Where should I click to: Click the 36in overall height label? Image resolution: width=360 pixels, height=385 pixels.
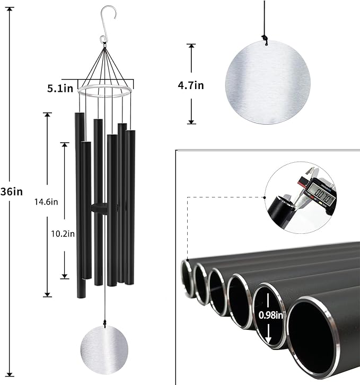coord(12,191)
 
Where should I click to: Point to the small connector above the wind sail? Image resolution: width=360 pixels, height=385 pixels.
coord(104,321)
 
